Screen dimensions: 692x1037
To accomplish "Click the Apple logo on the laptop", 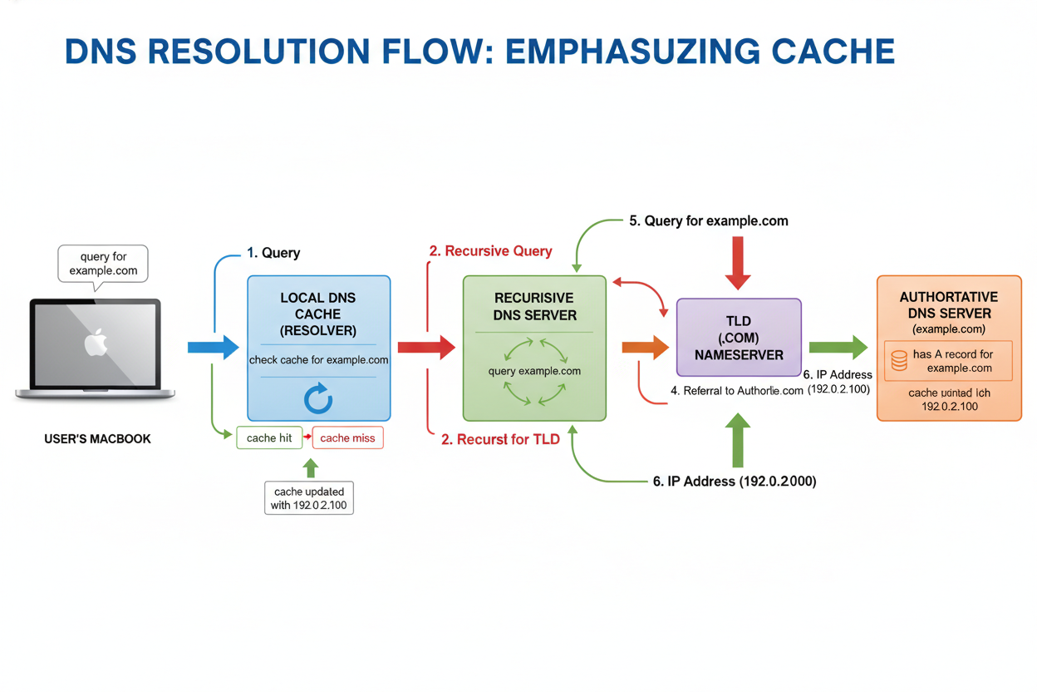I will coord(96,343).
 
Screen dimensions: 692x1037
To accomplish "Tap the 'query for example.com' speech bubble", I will coord(103,264).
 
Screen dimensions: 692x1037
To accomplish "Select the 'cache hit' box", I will coord(268,438).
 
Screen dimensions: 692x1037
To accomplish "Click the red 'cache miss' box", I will coord(347,438).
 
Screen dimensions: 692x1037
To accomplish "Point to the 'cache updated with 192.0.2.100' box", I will coord(309,498).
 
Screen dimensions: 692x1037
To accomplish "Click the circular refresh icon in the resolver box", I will coord(318,399).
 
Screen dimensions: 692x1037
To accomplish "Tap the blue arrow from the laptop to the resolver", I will coord(214,347).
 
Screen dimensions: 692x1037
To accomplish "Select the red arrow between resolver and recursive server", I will coord(426,347).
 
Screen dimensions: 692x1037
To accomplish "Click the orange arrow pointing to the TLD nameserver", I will coord(645,347).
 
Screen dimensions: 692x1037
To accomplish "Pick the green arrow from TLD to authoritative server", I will coord(838,347).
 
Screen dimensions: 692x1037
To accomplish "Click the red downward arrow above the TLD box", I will coord(738,262).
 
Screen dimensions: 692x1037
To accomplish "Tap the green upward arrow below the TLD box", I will coord(738,441).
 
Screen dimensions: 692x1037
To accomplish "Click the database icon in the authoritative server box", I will coord(899,360).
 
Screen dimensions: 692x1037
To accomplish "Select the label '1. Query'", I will coord(273,253).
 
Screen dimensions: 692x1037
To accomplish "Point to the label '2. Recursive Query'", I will coord(490,250).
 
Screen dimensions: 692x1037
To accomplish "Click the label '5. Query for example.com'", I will coord(708,221).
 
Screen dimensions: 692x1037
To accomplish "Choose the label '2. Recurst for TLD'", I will coord(500,440).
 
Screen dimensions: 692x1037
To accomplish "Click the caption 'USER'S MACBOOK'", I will coord(97,438).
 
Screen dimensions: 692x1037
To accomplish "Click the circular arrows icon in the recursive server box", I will coord(534,371).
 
